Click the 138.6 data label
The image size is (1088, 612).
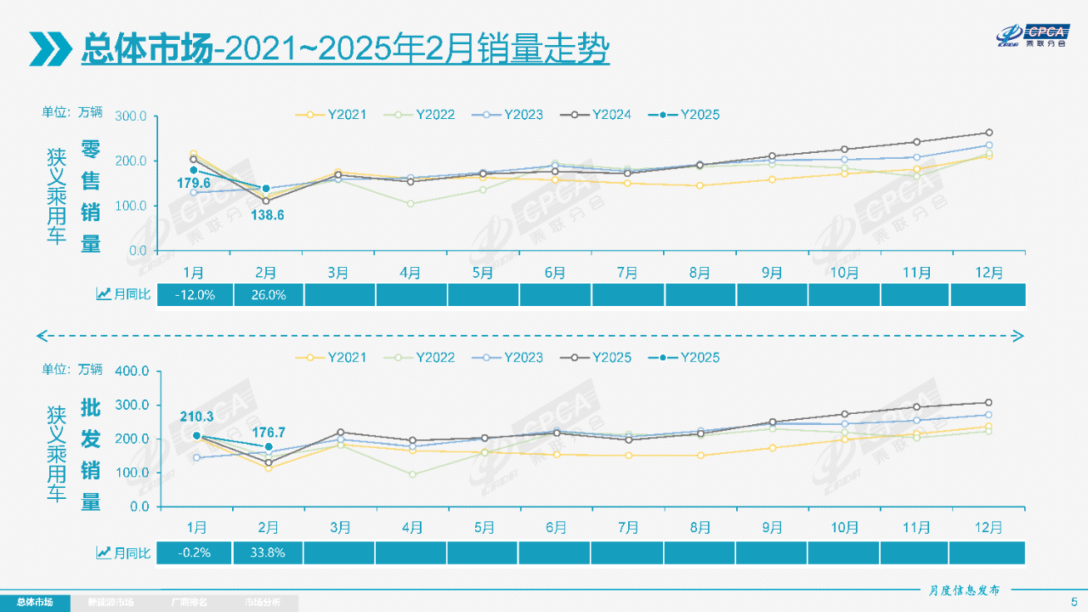[x=267, y=216]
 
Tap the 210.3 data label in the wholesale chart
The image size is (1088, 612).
[x=196, y=416]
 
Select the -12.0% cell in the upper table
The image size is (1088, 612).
[x=195, y=295]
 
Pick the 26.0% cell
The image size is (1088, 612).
[x=268, y=295]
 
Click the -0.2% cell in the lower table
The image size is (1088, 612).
[x=195, y=552]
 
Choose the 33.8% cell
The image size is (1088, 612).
[x=268, y=552]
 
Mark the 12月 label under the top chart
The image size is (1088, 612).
[x=989, y=272]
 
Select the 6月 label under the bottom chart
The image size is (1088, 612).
[x=556, y=527]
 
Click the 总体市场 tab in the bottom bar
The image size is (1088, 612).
[x=35, y=603]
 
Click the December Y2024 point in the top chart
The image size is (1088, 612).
[x=989, y=133]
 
